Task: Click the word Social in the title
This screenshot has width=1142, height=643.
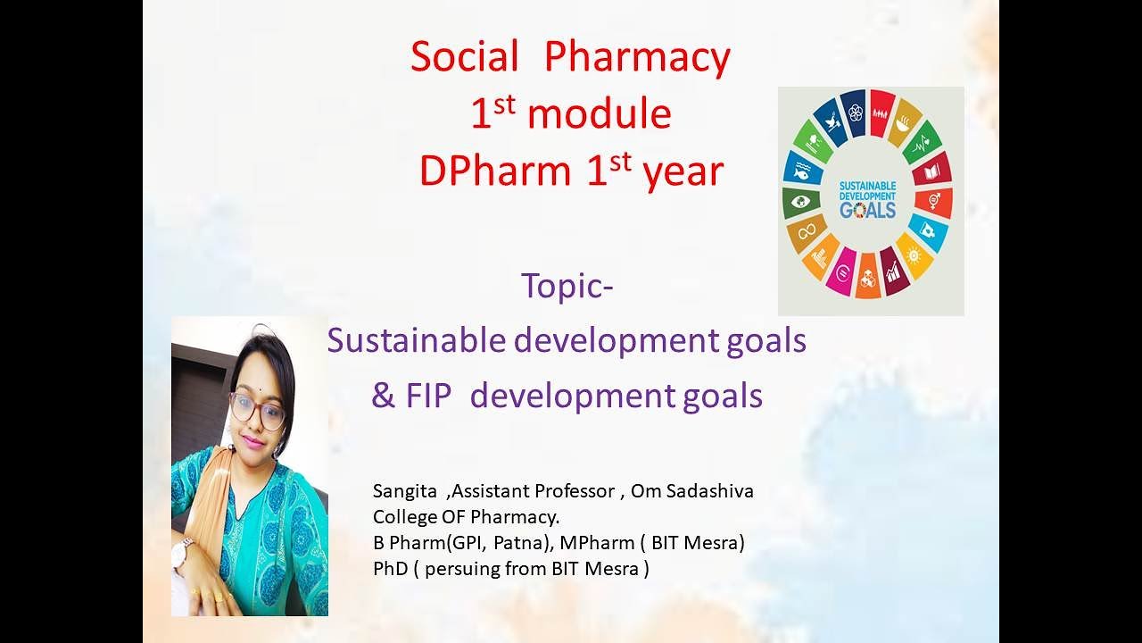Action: [x=464, y=58]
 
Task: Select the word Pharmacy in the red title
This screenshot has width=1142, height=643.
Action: [x=637, y=58]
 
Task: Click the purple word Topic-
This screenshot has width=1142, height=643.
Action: [x=567, y=287]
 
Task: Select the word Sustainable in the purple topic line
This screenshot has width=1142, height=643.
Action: [x=411, y=340]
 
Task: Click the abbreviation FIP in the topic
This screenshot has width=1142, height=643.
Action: [x=430, y=396]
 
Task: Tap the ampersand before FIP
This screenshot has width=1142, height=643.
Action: [x=383, y=396]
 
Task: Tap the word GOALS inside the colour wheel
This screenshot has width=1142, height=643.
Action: [x=868, y=211]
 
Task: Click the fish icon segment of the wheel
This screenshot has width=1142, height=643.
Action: [x=802, y=170]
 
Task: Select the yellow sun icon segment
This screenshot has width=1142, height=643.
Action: [x=914, y=255]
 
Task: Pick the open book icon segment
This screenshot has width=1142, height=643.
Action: [x=931, y=170]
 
